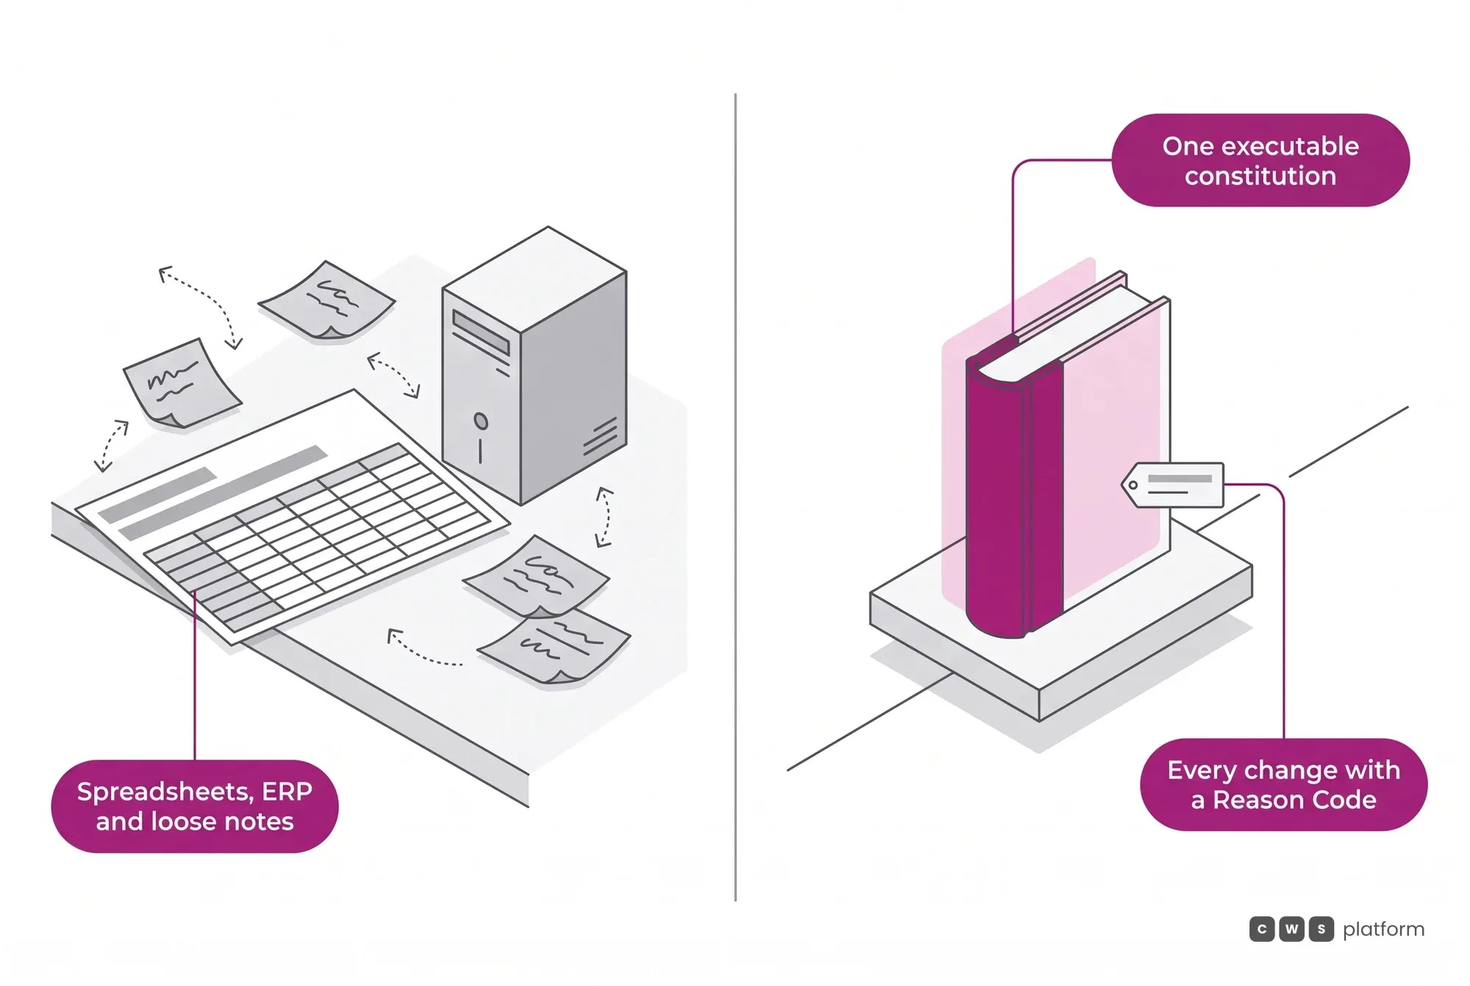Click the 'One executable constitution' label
(1261, 160)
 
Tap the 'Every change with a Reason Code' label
(1283, 785)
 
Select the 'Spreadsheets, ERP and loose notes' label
(195, 806)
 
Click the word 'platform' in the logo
(1383, 929)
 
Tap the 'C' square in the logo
(1262, 929)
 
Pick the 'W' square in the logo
(1291, 929)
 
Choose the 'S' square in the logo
(1321, 929)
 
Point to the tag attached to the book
(1173, 485)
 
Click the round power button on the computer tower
(481, 421)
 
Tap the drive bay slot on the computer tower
(481, 332)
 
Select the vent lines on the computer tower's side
(600, 436)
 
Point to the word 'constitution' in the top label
(1261, 176)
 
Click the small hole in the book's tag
(1133, 485)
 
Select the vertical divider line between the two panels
(735, 497)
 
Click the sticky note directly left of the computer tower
(327, 301)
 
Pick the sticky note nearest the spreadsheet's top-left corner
(181, 383)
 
